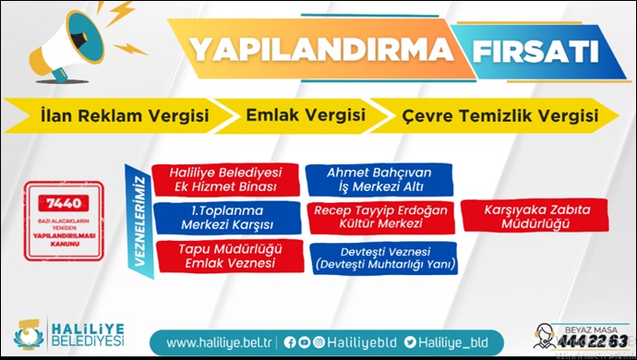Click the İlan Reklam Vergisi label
click(124, 116)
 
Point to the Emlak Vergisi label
click(305, 116)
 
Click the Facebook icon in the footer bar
click(290, 342)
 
